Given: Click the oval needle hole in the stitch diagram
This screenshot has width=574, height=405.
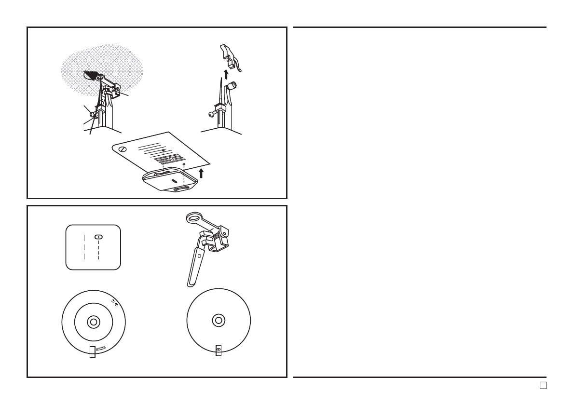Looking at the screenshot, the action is coord(98,237).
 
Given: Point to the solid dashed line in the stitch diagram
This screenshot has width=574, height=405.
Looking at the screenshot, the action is coord(84,247).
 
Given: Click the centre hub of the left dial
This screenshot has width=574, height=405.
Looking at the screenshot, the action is coord(93,322).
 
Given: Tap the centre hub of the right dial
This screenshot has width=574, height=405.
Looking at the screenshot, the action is coord(218,320).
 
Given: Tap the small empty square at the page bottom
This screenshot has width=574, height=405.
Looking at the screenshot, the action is coord(543,385).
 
